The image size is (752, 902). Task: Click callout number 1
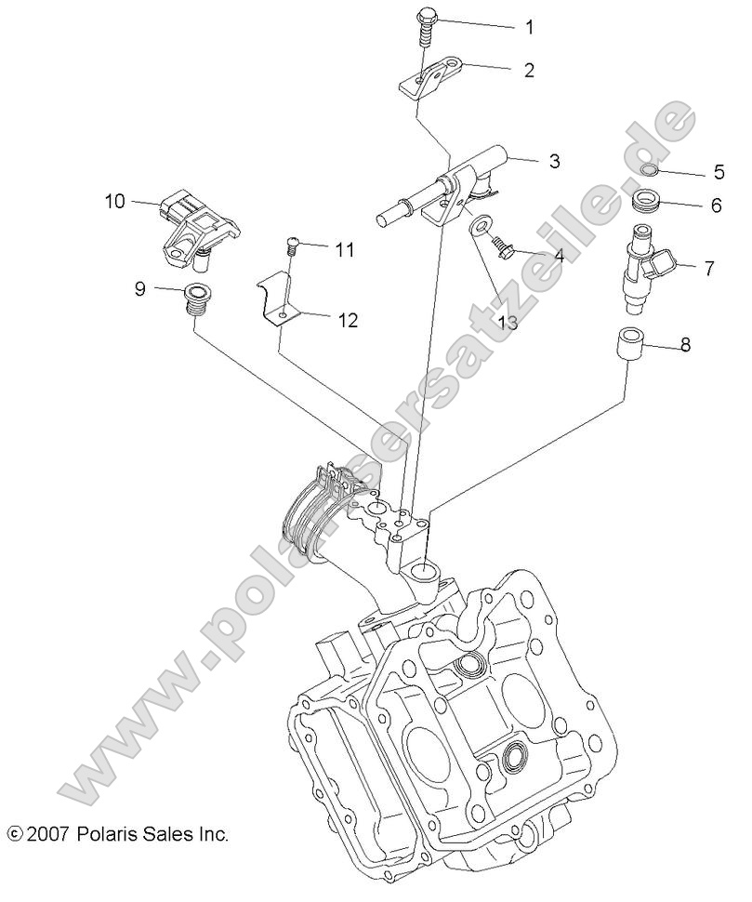point(529,27)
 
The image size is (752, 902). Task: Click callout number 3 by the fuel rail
point(554,161)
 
